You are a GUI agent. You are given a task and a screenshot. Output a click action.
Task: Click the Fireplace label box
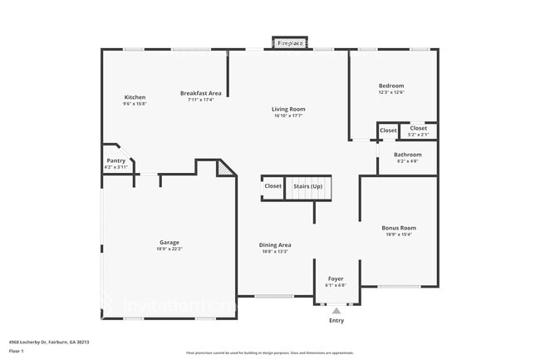[290, 42]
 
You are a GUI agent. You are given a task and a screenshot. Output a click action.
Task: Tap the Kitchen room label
[135, 97]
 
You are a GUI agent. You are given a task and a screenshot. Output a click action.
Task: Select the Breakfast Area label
[200, 93]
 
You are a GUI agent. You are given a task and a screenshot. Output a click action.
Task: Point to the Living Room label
[288, 109]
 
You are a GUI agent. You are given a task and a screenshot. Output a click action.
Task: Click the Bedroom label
[391, 86]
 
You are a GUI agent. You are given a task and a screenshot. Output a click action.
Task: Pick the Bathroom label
[407, 155]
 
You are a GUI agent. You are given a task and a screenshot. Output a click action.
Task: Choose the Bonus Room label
[399, 228]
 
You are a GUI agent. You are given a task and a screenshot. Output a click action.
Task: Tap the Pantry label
[115, 160]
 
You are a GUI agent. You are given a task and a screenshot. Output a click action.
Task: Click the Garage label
[169, 242]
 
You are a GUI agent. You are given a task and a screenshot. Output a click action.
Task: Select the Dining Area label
[275, 244]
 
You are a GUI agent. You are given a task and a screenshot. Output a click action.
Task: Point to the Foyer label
[336, 279]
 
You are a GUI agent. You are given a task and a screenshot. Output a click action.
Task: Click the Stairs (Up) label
[308, 186]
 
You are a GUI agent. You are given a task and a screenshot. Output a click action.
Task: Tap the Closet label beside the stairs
[273, 186]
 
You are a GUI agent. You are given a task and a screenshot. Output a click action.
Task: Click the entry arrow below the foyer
[336, 311]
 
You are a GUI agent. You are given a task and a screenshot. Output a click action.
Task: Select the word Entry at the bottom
[336, 321]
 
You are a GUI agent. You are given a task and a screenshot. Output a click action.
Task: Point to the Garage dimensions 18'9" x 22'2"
[169, 249]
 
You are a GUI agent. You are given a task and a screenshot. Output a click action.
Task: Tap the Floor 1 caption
[16, 351]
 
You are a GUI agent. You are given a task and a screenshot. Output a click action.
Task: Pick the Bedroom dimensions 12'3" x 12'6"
[391, 92]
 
